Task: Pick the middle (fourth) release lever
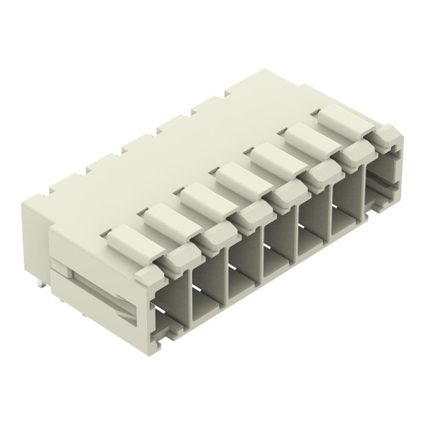pyautogui.click(x=239, y=179)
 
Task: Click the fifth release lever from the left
pyautogui.click(x=276, y=161)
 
